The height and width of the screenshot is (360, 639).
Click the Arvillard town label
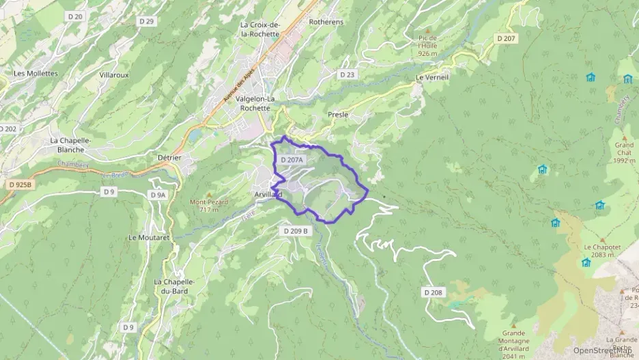coord(268,195)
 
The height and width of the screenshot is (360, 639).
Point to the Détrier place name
coord(169,157)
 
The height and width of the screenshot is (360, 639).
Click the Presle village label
coord(338,115)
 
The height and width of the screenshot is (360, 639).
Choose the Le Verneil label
coord(432,78)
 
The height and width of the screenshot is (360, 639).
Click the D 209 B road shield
coord(296,231)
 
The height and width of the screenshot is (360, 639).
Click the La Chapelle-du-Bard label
coord(175,286)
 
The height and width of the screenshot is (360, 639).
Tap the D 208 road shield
coord(432,292)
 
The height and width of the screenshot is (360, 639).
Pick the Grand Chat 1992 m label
coord(624,153)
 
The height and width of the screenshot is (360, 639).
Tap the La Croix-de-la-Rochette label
coord(260,29)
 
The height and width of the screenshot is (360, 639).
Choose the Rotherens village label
coord(326,22)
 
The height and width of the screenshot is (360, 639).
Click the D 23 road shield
coord(347,74)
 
